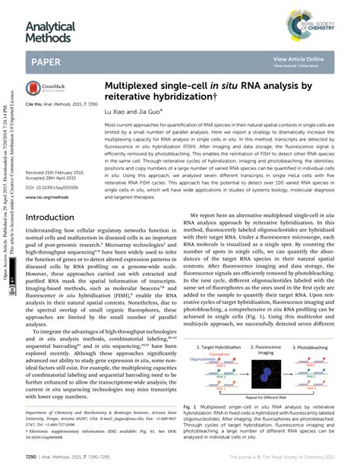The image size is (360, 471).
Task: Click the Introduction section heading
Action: pos(55,217)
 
